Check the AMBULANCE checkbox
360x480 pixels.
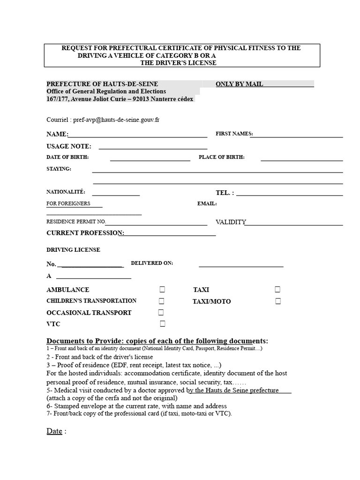click(162, 289)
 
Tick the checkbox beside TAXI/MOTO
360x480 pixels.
click(278, 301)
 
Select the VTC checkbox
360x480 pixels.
click(163, 323)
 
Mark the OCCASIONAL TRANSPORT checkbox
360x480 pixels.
click(161, 312)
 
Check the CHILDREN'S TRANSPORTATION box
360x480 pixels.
click(162, 301)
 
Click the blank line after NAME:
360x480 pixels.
click(138, 135)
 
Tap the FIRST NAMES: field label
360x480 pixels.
click(234, 134)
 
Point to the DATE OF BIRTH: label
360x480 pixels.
click(67, 157)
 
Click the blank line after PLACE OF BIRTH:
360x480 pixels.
click(301, 159)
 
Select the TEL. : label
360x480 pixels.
click(225, 193)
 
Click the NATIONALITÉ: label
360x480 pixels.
click(66, 192)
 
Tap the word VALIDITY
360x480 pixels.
click(231, 222)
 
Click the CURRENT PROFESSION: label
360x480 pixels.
click(85, 233)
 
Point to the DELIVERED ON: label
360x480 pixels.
click(152, 263)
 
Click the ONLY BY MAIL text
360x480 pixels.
click(239, 84)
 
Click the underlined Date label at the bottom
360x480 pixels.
click(54, 431)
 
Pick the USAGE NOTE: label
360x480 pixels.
click(69, 146)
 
